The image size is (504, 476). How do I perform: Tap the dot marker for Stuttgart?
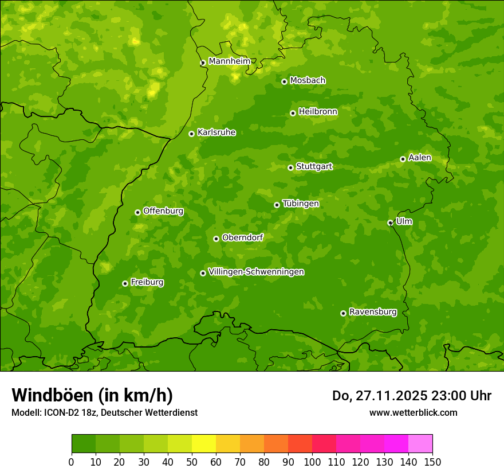pos(290,167)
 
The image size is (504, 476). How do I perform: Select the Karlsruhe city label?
pos(216,132)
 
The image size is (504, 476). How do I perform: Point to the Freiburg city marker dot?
pos(125,283)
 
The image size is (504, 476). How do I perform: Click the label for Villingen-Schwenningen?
pos(256,272)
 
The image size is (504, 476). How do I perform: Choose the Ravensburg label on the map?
pos(372,312)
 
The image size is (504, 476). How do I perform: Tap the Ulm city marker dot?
pos(390,223)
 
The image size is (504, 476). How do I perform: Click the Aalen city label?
pos(419,158)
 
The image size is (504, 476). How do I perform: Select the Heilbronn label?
pos(317,112)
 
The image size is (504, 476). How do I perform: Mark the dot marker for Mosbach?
pos(284,81)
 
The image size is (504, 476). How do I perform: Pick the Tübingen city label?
pos(300,204)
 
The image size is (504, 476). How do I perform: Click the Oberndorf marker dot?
pos(216,239)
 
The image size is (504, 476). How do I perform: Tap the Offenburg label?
pos(163,211)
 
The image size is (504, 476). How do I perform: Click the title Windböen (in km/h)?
pos(92,395)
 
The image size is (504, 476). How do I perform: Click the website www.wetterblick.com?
pos(413,412)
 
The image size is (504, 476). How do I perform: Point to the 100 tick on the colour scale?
pos(312,462)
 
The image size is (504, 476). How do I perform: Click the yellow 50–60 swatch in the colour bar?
pos(204,444)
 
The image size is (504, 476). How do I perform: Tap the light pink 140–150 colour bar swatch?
pos(420,444)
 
